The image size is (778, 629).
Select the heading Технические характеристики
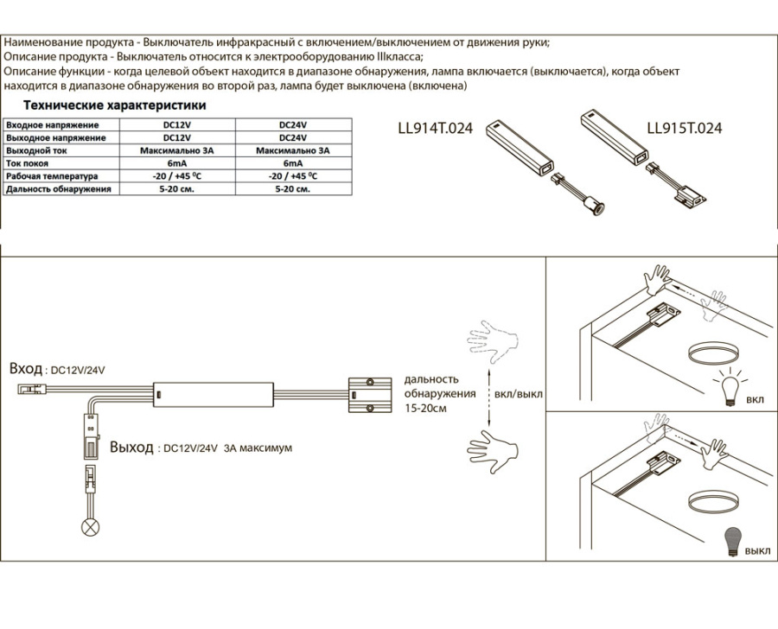click(x=115, y=105)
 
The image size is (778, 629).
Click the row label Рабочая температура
click(x=52, y=175)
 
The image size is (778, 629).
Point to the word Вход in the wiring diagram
click(x=25, y=369)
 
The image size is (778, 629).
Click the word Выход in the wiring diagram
click(x=132, y=448)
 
